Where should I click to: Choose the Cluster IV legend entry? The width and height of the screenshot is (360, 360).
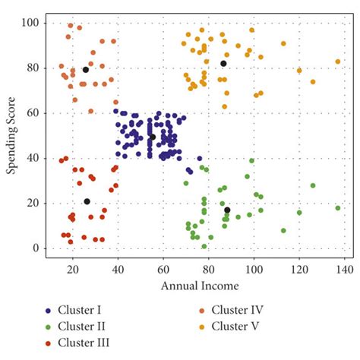[x=239, y=309]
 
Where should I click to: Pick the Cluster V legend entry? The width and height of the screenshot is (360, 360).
[x=238, y=326]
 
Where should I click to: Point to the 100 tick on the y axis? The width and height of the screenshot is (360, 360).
[x=30, y=23]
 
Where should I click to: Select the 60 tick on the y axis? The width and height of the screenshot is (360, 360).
[x=33, y=113]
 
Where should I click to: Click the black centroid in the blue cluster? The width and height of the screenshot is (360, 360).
[x=152, y=137]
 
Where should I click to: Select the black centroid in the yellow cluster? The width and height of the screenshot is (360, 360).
[x=223, y=64]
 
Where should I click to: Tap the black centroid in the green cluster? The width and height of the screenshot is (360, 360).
[x=227, y=210]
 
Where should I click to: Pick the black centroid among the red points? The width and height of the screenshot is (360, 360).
[x=87, y=202]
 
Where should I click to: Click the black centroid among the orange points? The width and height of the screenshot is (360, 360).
[x=86, y=70]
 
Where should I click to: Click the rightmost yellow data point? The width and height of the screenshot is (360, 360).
[x=338, y=62]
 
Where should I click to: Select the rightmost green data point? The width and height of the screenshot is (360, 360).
[x=338, y=207]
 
